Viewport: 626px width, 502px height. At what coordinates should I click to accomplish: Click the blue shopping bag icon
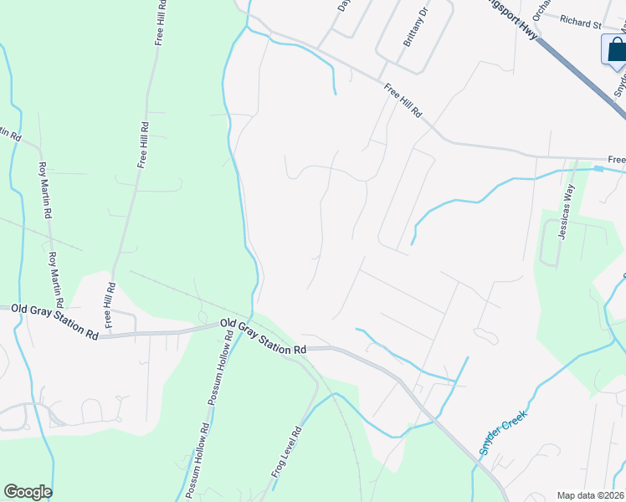(x=616, y=50)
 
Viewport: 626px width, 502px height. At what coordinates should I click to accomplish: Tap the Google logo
(x=28, y=492)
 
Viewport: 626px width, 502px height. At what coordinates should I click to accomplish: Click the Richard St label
(x=581, y=21)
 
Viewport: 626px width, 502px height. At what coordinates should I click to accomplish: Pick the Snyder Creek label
(x=502, y=434)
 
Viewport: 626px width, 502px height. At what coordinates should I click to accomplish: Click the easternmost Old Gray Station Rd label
(x=264, y=336)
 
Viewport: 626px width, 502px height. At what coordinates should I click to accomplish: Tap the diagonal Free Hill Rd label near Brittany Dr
(x=403, y=100)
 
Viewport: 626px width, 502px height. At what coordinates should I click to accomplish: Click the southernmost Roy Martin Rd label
(x=55, y=278)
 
